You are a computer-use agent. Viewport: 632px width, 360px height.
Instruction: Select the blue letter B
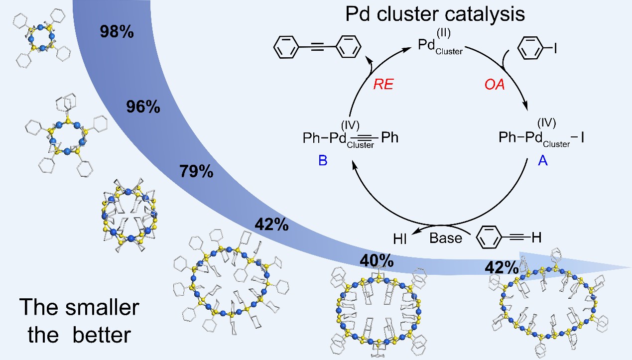[323, 161]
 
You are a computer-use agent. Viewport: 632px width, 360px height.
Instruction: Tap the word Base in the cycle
[446, 238]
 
